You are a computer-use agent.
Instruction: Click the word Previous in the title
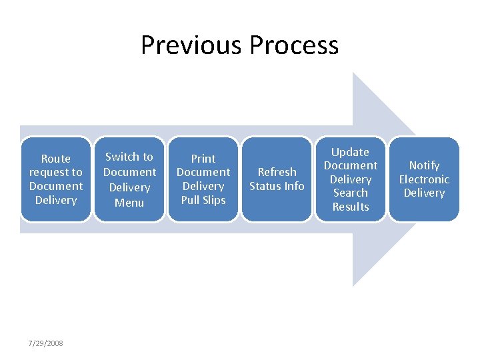tap(191, 45)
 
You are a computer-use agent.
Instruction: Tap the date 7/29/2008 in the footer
tap(46, 343)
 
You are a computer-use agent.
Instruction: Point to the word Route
tap(56, 159)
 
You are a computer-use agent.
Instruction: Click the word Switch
tap(119, 157)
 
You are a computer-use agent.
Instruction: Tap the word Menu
tap(129, 202)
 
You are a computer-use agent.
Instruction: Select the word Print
tap(203, 159)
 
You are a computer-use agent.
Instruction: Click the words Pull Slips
tap(203, 200)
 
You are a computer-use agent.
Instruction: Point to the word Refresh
tap(277, 172)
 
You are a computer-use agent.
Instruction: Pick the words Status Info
tap(277, 186)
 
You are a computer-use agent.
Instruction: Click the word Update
tap(351, 152)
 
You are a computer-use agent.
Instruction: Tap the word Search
tap(351, 193)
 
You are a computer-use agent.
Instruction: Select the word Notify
tap(424, 165)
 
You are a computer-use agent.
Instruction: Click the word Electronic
tap(424, 179)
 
